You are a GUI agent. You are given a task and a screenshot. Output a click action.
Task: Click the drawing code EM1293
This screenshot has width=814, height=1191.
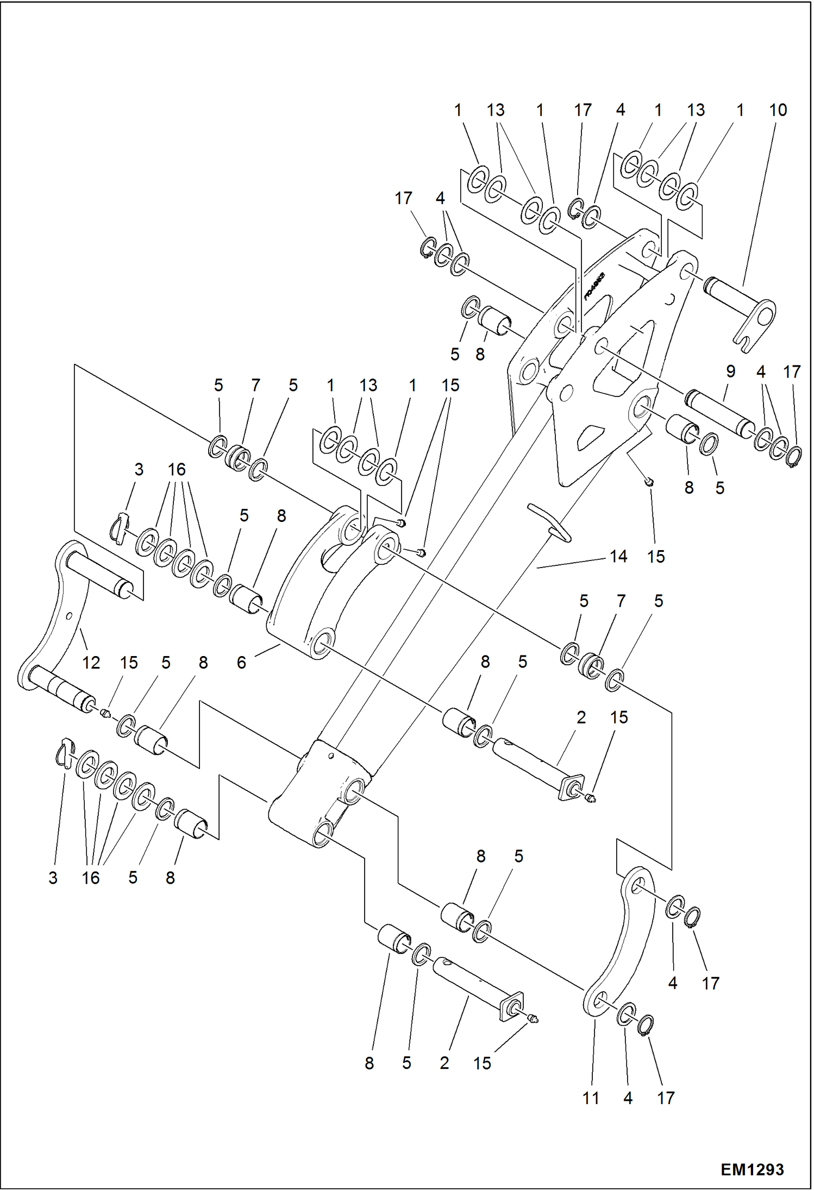pos(752,1169)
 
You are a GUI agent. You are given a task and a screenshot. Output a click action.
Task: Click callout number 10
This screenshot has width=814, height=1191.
pos(778,110)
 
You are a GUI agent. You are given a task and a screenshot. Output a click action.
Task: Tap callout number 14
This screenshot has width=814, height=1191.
pos(618,557)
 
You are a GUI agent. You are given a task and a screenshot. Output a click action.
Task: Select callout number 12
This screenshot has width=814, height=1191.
pos(91,663)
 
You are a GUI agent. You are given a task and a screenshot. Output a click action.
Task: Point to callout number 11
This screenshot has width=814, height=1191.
pos(591,1098)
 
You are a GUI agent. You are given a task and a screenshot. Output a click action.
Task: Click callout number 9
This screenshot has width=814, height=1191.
pos(730,372)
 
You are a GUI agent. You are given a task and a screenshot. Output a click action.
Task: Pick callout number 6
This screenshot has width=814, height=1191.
pos(241,663)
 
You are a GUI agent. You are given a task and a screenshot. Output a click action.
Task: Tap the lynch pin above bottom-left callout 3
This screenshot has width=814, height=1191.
pos(65,754)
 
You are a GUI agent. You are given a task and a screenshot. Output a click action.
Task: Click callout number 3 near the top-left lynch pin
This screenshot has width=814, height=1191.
pos(139,470)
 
